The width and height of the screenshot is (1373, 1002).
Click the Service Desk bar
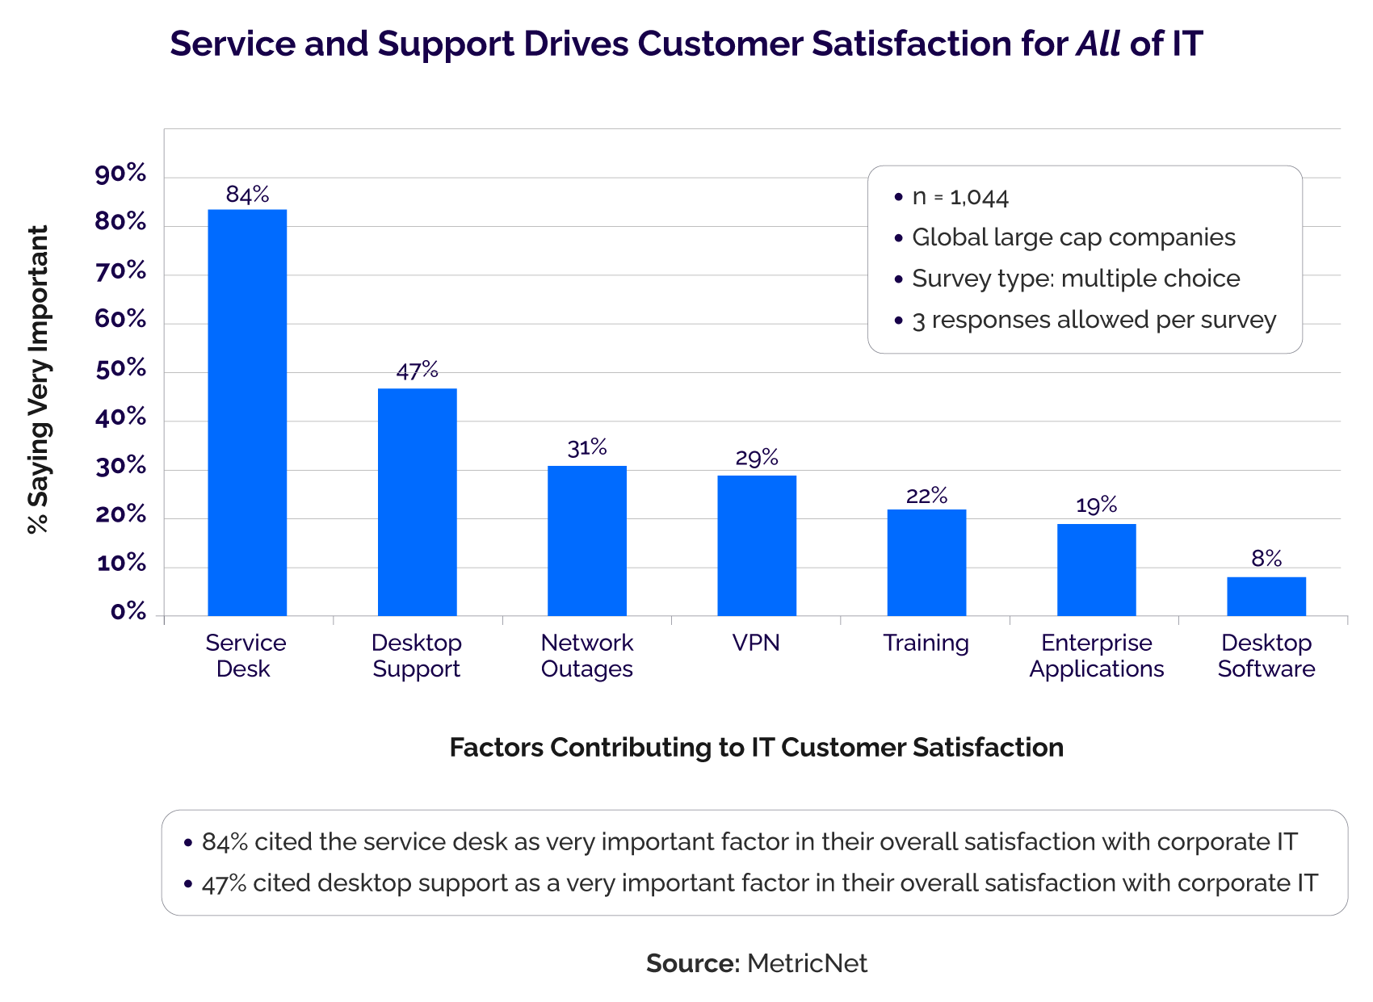(x=247, y=413)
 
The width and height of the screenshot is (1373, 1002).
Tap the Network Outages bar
(x=587, y=541)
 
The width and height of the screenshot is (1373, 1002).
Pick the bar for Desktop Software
(x=1266, y=597)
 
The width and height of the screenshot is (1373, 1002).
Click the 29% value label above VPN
(x=757, y=459)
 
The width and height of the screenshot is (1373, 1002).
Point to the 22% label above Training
(x=926, y=496)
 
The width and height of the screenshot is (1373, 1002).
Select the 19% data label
(x=1096, y=505)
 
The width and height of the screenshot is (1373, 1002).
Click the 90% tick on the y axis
(x=121, y=174)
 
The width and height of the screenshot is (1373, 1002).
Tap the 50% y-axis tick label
(x=121, y=370)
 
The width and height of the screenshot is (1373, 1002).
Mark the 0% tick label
(x=128, y=612)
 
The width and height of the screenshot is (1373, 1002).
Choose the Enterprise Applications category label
(x=1096, y=656)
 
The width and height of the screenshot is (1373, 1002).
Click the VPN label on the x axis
(x=756, y=644)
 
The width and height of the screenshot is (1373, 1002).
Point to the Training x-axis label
(x=926, y=644)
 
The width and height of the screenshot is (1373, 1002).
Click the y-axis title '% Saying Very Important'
(x=38, y=379)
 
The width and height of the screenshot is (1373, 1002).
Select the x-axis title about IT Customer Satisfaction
(x=756, y=748)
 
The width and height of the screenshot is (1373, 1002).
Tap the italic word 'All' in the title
(x=1098, y=44)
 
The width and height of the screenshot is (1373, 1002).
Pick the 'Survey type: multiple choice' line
(x=1075, y=279)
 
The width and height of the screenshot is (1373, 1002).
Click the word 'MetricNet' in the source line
(x=807, y=963)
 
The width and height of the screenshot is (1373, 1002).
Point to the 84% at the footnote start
(x=225, y=842)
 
